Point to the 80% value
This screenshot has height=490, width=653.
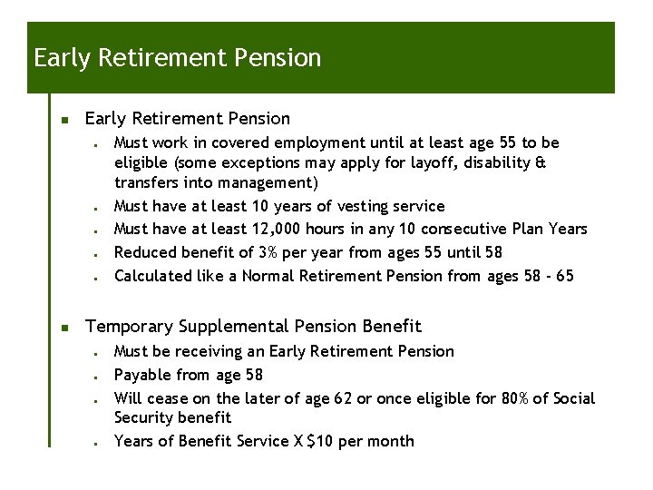pyautogui.click(x=517, y=398)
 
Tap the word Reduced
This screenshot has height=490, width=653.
pyautogui.click(x=145, y=252)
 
